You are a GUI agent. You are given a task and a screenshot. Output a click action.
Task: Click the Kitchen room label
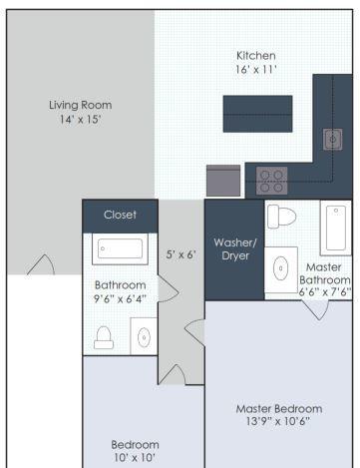(x=256, y=56)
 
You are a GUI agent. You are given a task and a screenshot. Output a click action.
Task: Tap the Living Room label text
(x=80, y=105)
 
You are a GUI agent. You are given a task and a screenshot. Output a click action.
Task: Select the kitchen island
(x=257, y=114)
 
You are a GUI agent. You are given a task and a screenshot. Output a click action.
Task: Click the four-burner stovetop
(x=271, y=181)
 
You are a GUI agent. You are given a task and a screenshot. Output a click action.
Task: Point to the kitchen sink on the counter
(x=333, y=139)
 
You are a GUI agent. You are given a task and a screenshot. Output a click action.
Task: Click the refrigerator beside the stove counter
(x=223, y=181)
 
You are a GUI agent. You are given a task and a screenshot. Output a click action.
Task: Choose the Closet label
(x=120, y=215)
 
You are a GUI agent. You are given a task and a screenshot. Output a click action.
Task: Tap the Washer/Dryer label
(x=235, y=248)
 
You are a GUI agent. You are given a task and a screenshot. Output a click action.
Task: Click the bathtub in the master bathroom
(x=335, y=228)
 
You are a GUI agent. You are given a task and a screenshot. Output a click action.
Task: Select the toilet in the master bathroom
(x=281, y=217)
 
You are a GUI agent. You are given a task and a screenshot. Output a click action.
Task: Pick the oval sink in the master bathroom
(x=281, y=268)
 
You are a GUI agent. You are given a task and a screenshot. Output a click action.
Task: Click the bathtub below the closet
(x=120, y=248)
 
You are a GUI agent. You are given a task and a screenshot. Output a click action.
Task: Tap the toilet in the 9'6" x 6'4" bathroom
(x=104, y=337)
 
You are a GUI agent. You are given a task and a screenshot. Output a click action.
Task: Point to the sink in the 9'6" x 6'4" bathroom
(x=144, y=337)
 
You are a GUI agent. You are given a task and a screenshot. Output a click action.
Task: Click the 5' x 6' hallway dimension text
(x=180, y=254)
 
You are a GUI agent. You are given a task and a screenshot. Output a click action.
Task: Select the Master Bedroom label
(x=279, y=409)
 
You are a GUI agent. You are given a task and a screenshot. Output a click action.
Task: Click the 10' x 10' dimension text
(x=135, y=458)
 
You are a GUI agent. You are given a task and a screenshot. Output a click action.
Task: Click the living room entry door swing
(x=41, y=264)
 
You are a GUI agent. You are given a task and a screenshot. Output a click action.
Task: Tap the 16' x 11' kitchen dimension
(x=256, y=70)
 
